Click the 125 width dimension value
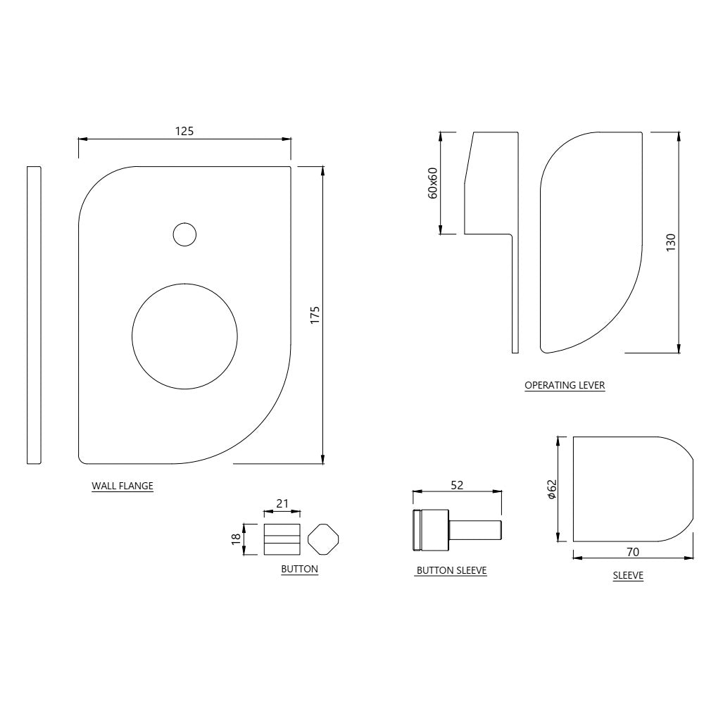tap(184, 130)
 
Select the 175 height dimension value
tap(315, 314)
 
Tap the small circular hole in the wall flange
tap(184, 234)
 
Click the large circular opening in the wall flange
tap(185, 336)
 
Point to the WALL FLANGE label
tap(122, 486)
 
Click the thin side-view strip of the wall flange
tap(34, 315)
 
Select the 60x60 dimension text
tap(433, 183)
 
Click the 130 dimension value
tap(670, 243)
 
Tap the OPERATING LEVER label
tap(565, 385)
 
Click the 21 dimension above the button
tap(282, 503)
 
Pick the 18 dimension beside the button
tap(237, 539)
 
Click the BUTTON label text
tap(299, 569)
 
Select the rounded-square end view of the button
tap(323, 539)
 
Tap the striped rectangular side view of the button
tap(282, 539)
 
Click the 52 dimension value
tap(457, 484)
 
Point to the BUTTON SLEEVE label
tap(451, 570)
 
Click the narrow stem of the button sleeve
tap(475, 529)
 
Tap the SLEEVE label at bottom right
tap(628, 575)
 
